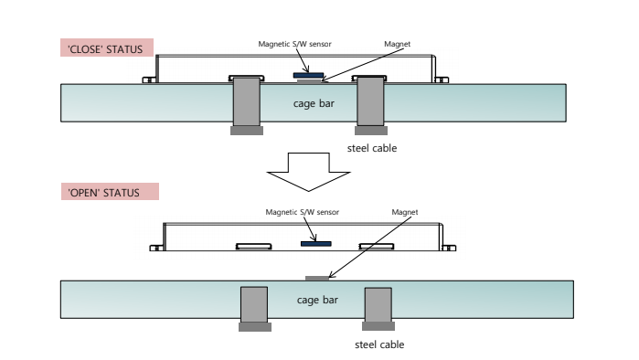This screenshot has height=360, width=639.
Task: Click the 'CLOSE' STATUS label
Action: click(107, 48)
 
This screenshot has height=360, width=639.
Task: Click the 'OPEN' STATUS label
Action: click(110, 191)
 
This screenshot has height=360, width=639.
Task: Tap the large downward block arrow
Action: click(308, 172)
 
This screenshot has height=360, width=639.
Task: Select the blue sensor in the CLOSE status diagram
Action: click(308, 75)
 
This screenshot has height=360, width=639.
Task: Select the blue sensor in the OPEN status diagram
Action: click(315, 244)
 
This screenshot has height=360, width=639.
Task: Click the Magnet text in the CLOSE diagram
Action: click(398, 44)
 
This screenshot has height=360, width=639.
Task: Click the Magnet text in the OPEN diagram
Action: click(405, 212)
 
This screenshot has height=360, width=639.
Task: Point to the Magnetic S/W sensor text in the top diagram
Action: click(294, 44)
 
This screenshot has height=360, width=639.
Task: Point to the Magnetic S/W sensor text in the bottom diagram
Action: click(302, 212)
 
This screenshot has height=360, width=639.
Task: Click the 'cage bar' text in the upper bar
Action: click(314, 103)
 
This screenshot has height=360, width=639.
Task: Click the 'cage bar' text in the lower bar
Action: click(317, 300)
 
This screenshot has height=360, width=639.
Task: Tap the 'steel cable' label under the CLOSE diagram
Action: click(372, 148)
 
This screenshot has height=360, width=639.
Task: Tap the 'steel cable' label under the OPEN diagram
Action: click(379, 344)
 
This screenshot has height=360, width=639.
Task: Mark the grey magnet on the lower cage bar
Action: click(317, 278)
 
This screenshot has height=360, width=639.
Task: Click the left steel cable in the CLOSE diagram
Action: click(247, 106)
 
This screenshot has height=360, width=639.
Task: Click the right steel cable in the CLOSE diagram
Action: click(371, 106)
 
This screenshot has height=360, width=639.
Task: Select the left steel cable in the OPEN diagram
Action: click(254, 309)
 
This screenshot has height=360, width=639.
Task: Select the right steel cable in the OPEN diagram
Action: click(378, 309)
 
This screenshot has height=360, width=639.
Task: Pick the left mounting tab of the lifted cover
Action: click(155, 248)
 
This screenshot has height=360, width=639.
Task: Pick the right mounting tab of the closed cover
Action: click(442, 79)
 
